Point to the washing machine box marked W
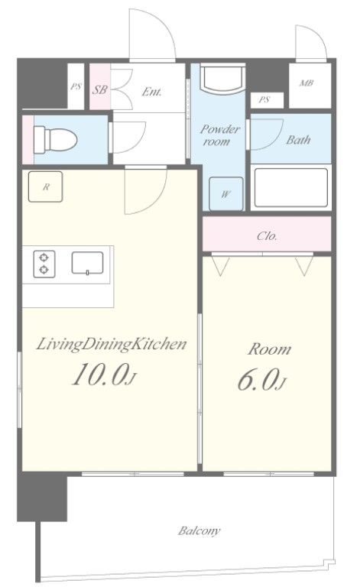pos(226,193)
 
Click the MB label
pos(306,83)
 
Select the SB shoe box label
pos(99,89)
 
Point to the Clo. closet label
pos(267,235)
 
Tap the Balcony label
pos(200,530)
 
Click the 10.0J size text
pos(104,375)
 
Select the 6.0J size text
pos(259,381)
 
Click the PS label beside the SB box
pos(76,86)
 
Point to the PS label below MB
pos(264,99)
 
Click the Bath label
pos(297,141)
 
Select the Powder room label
pos(220,135)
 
